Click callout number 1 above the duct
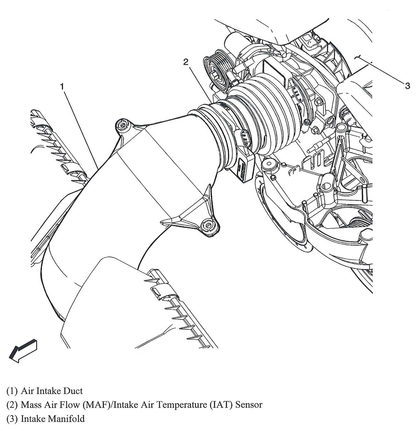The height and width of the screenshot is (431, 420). coord(62,86)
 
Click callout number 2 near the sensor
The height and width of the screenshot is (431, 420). coord(186,62)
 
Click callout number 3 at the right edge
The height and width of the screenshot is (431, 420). coord(407,85)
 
